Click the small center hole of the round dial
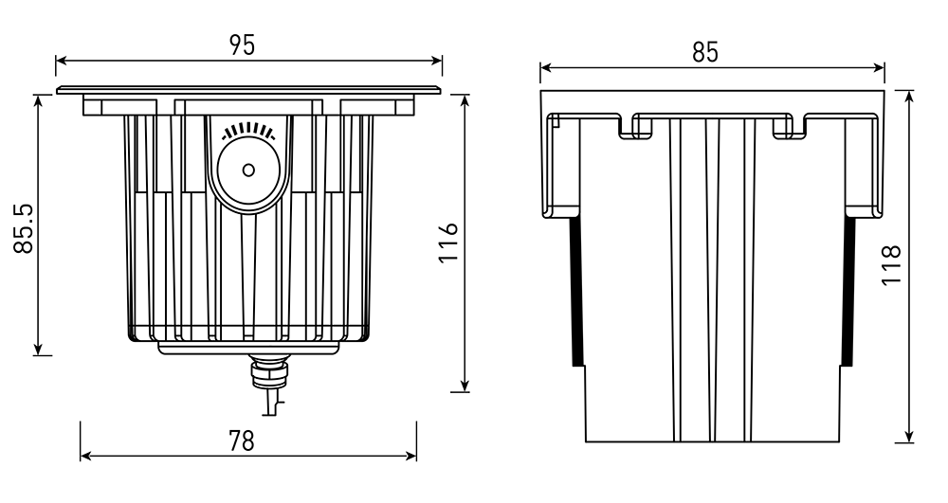[x=248, y=171]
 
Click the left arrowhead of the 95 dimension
[x=60, y=63]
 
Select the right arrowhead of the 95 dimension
[x=438, y=63]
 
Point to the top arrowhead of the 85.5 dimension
[x=39, y=98]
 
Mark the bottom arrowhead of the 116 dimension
[x=465, y=386]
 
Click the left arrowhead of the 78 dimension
[x=84, y=456]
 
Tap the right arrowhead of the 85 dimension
[x=881, y=67]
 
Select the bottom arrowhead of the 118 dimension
[x=909, y=437]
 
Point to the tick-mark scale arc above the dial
[x=248, y=132]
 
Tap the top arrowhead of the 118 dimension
[x=909, y=96]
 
